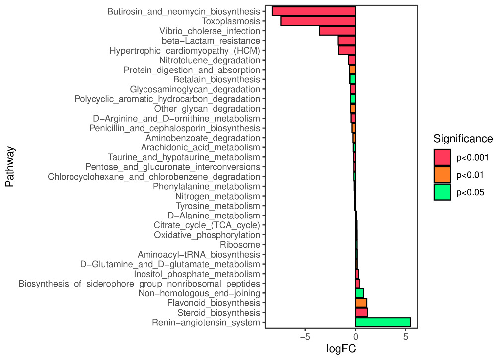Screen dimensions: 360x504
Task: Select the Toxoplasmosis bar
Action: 318,21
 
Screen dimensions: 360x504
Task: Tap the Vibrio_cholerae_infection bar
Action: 337,31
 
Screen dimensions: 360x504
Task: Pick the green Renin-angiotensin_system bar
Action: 383,322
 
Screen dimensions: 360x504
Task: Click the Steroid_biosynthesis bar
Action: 361,313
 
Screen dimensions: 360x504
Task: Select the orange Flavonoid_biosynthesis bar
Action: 361,303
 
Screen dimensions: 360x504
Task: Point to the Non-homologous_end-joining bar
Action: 360,293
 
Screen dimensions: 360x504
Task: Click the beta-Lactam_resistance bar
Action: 347,40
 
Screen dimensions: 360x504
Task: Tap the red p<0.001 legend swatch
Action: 442,158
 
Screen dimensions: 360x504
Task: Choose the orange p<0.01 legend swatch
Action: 442,175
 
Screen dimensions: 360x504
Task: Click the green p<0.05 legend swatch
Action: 442,192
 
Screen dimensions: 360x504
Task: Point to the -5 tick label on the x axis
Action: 305,337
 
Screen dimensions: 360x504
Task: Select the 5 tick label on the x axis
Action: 406,337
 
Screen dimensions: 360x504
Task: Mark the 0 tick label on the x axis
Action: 356,337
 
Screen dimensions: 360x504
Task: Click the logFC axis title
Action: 341,349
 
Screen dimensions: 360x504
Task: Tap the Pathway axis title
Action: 9,166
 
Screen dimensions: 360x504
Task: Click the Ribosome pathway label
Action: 240,245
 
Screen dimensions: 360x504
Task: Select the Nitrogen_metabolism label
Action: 217,196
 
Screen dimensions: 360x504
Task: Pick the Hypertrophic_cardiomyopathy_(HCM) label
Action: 185,50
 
